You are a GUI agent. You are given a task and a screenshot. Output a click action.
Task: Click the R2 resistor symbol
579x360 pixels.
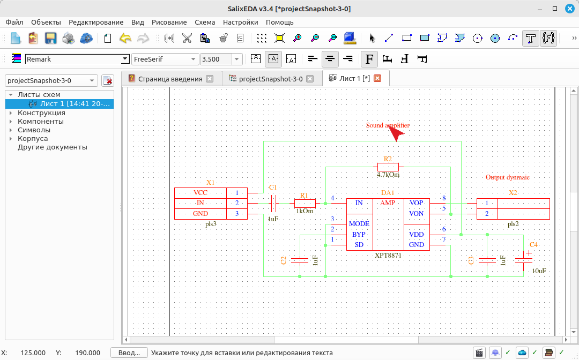click(388, 167)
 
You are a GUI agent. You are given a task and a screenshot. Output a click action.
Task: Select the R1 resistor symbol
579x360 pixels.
click(305, 203)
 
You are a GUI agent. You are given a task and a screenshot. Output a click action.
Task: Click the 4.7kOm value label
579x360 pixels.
click(388, 175)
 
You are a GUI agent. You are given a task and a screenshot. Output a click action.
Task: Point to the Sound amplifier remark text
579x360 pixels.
click(388, 125)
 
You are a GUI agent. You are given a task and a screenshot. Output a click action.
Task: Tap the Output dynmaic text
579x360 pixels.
click(507, 177)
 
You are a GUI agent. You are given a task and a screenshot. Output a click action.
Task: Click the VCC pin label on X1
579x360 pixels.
click(200, 193)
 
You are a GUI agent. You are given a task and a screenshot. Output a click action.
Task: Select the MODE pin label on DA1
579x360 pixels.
click(359, 224)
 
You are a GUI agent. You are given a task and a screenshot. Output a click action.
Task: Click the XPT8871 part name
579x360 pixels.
click(388, 255)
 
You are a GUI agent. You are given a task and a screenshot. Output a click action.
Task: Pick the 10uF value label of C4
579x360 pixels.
click(539, 271)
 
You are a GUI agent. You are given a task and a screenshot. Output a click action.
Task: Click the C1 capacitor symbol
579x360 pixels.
click(273, 203)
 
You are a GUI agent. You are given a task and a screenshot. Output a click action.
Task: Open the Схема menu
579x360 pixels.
click(205, 22)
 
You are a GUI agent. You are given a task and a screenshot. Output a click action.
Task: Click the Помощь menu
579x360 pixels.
click(279, 22)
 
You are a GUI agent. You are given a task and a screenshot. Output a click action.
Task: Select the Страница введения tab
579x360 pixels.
click(170, 79)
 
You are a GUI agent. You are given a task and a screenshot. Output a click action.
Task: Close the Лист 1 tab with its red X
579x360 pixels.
click(377, 78)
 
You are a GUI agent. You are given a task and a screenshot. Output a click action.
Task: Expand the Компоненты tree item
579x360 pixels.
click(11, 122)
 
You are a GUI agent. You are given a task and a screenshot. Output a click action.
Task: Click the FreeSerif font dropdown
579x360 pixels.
click(165, 59)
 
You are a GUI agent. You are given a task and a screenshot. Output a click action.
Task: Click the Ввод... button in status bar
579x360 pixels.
click(129, 353)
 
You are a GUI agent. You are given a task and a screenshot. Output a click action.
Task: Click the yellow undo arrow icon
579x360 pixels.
click(125, 38)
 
